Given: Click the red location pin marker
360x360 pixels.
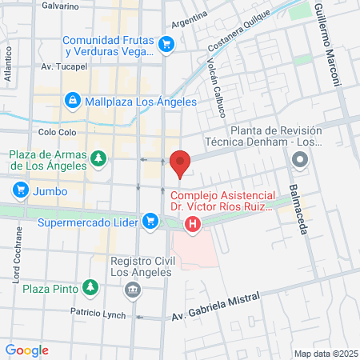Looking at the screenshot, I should click(x=181, y=162).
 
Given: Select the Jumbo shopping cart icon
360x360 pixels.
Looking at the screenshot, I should click(x=21, y=190).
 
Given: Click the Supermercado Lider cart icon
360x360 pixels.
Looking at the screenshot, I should click(x=150, y=220).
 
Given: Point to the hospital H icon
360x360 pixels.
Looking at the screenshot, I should click(x=192, y=225).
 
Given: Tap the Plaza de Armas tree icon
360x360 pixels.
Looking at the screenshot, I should click(x=98, y=157).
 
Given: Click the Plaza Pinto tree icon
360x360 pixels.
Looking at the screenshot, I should click(x=90, y=287).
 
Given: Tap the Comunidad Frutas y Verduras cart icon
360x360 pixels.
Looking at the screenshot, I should click(x=166, y=43).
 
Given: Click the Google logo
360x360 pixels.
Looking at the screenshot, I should click(x=27, y=350).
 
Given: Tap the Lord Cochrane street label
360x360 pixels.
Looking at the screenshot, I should click(x=17, y=254).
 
